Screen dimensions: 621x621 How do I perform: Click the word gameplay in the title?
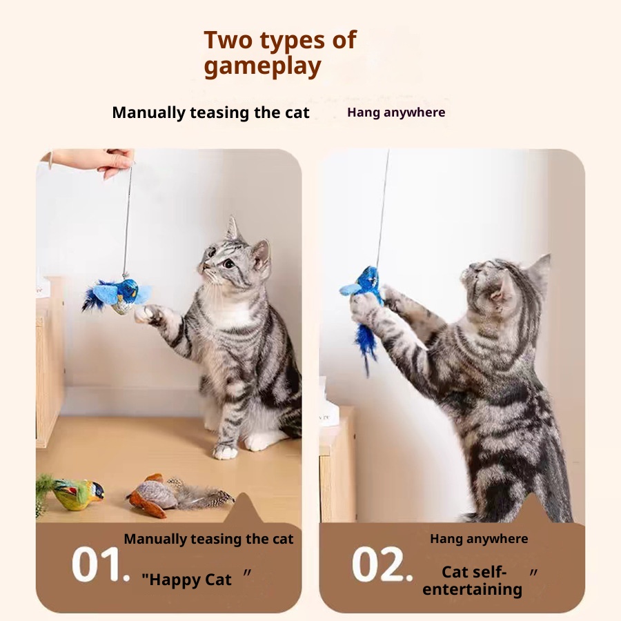pos(262,66)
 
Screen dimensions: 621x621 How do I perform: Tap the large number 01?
pos(101,564)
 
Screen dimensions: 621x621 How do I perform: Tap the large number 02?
pos(382,564)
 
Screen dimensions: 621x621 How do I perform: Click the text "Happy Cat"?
pos(186,580)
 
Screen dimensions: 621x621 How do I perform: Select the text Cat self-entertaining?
pos(473,580)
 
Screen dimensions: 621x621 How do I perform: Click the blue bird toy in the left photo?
pos(116,295)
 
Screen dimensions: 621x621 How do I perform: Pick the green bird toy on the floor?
pos(71,493)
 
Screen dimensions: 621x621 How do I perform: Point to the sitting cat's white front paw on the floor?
pos(225,451)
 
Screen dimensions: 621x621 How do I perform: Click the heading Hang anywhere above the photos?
pos(396,112)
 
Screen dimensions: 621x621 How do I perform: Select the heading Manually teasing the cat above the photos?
pos(210,112)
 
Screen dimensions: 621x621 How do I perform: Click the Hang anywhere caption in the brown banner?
pos(479,539)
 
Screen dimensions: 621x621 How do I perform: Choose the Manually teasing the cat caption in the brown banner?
pos(208,539)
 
